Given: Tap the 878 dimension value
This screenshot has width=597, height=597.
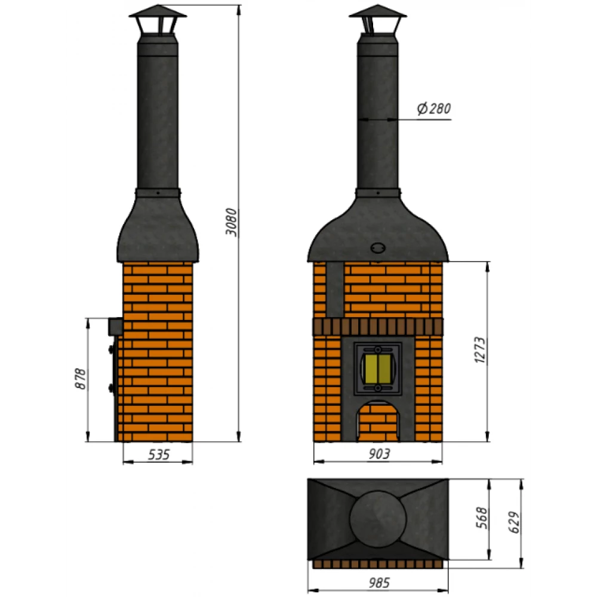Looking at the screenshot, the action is point(81,378).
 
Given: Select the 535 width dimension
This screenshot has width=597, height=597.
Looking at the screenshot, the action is point(158,454).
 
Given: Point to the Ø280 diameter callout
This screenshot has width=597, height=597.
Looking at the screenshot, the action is point(433,109).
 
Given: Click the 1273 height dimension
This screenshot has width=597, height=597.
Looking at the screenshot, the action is point(481,350).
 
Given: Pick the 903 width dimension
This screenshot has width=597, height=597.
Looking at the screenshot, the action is point(379,454).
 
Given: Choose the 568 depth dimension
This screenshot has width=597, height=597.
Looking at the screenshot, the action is point(482,518).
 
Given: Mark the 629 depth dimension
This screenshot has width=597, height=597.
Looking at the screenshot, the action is point(513,522).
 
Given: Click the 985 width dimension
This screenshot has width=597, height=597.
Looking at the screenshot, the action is point(379,583).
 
